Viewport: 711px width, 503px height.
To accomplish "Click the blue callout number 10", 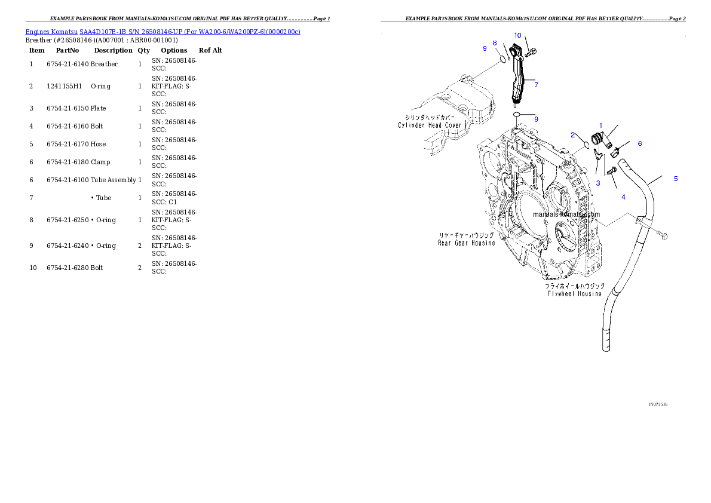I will click(517, 35).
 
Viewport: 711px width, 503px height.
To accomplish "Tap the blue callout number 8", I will click(495, 43).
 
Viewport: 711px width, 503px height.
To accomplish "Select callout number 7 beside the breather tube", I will click(536, 85).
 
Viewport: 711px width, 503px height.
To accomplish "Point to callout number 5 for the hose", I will click(676, 179).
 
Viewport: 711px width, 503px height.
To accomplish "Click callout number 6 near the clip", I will click(639, 143).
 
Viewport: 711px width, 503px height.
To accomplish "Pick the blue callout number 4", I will click(623, 197).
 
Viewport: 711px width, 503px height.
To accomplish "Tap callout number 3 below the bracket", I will click(597, 183).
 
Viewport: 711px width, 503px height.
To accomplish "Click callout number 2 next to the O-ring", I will click(572, 135).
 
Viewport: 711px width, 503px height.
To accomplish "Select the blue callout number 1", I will click(601, 125).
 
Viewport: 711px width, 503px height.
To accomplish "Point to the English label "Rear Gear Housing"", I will click(466, 243).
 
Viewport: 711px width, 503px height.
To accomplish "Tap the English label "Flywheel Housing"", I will click(574, 294).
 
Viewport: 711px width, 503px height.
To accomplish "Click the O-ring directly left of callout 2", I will click(587, 143).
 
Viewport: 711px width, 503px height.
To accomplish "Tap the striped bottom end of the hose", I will click(606, 341).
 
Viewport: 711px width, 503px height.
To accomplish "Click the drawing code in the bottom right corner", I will click(657, 404).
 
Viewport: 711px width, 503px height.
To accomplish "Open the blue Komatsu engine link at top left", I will click(163, 31).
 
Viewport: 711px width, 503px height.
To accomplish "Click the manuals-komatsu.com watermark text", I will click(566, 214).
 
